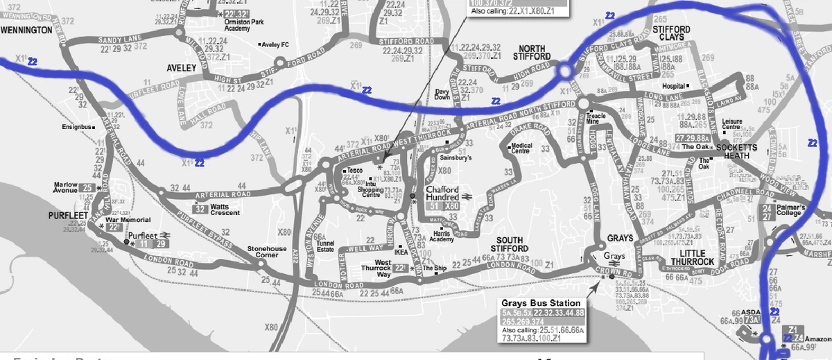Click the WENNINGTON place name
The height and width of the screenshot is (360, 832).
pos(26,30)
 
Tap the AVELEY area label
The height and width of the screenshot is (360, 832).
pos(183,68)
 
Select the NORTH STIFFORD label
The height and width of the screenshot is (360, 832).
pos(530,51)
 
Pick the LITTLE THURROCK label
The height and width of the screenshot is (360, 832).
pos(687,257)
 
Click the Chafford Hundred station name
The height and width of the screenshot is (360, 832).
pos(443,193)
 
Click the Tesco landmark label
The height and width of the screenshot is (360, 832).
pos(355,171)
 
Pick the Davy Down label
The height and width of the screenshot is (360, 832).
pos(442,95)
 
